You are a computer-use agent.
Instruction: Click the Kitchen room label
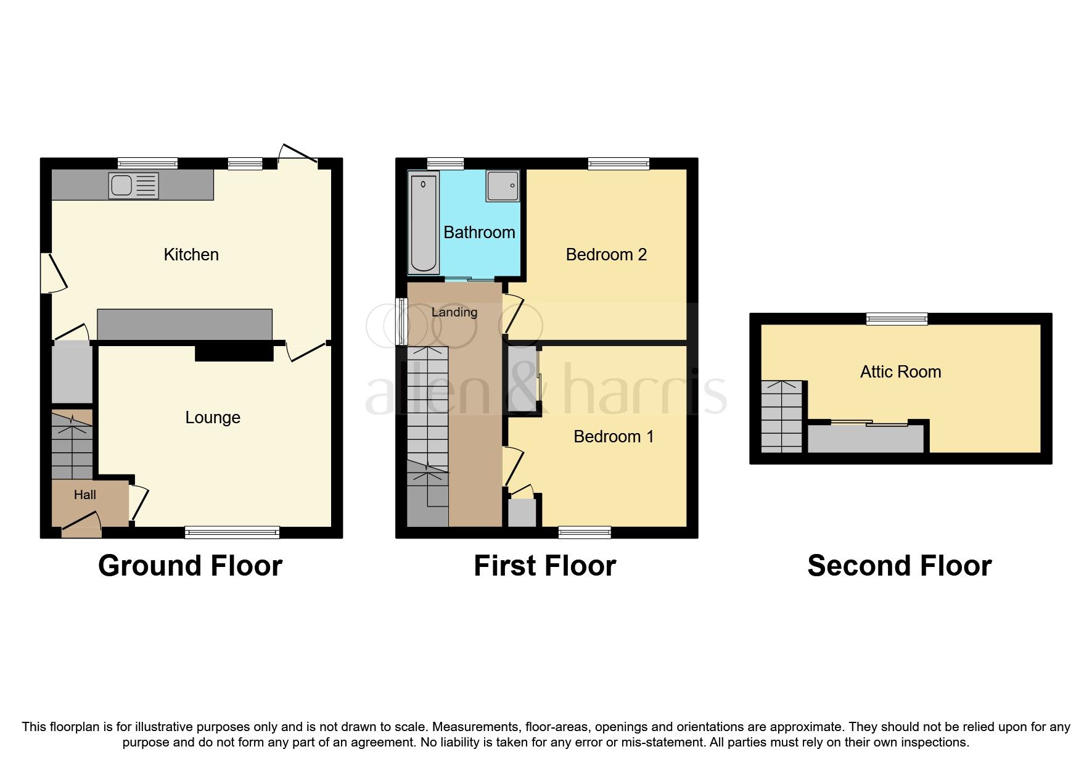click(191, 255)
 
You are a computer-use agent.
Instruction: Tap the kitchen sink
click(133, 185)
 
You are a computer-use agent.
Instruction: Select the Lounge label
click(213, 418)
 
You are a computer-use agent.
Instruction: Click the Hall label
click(85, 495)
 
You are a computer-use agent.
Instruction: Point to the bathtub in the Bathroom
click(424, 223)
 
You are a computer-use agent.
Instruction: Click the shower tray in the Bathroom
click(503, 185)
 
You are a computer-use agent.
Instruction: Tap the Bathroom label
click(479, 233)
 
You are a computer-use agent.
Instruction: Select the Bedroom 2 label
click(606, 255)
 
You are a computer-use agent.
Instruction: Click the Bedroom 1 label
click(613, 437)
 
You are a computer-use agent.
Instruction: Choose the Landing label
click(454, 312)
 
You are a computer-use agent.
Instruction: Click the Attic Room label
click(900, 372)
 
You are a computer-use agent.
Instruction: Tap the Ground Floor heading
click(190, 566)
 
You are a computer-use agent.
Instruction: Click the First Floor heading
click(544, 566)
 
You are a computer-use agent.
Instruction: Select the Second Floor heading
click(899, 566)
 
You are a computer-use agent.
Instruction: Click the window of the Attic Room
click(897, 319)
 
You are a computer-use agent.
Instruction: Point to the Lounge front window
click(232, 532)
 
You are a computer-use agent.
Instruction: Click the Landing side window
click(401, 321)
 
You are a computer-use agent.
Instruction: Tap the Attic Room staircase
click(782, 416)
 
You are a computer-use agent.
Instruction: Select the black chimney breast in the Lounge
click(234, 353)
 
